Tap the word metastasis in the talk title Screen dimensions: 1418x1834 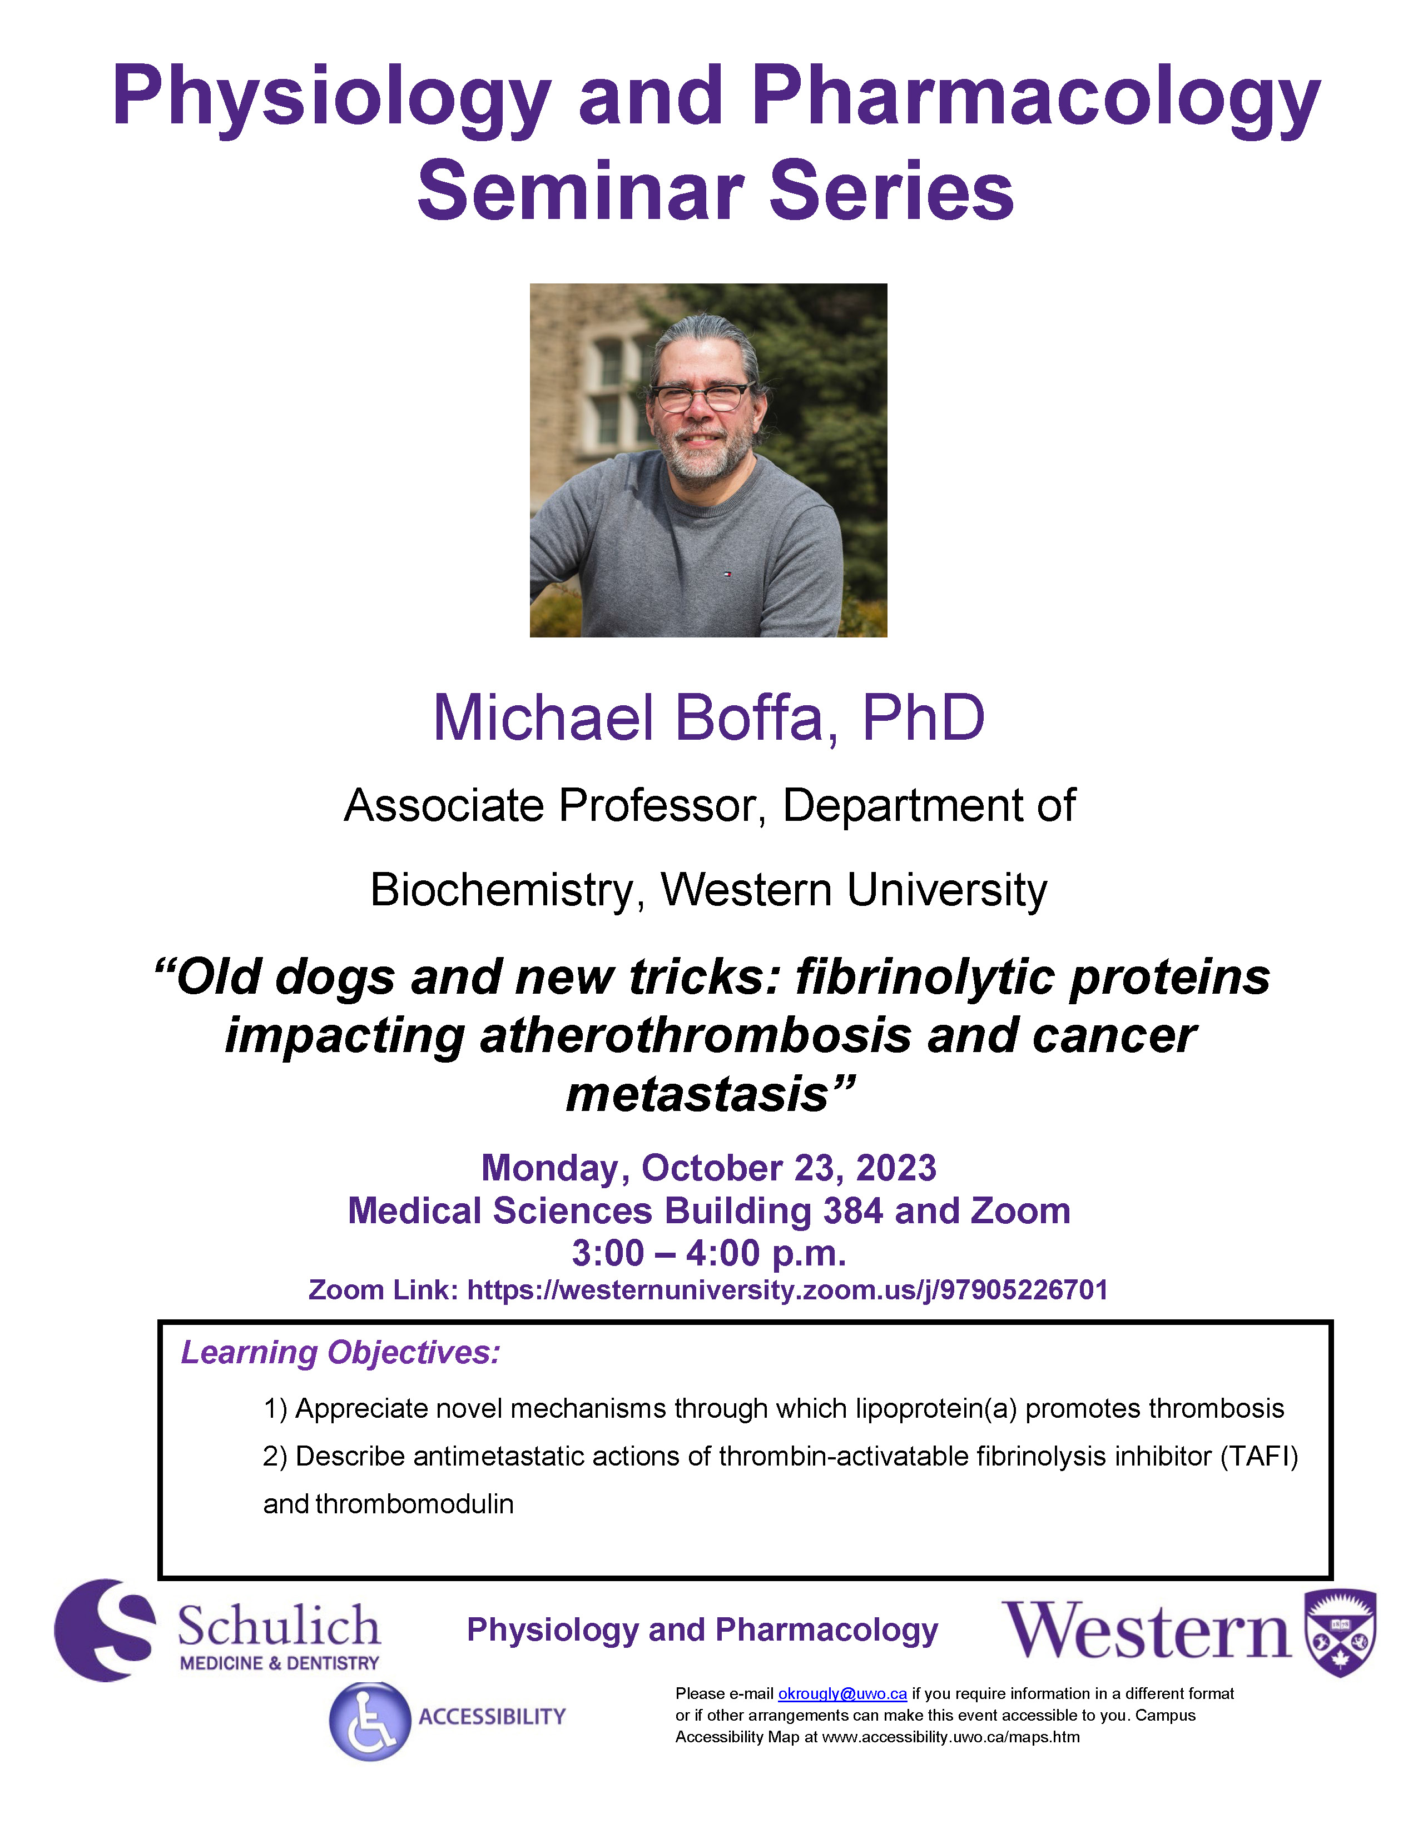click(698, 1095)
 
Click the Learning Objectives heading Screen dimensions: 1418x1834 click(341, 1353)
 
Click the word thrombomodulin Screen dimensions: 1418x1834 click(415, 1504)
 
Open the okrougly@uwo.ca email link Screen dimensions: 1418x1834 click(842, 1694)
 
